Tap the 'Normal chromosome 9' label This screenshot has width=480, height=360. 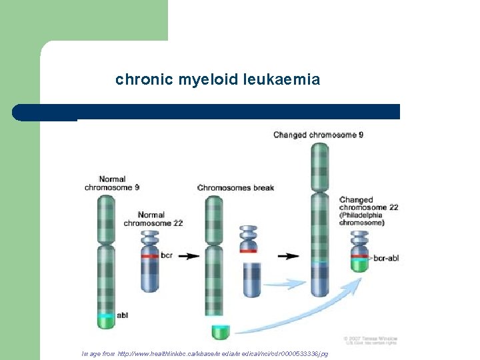click(112, 183)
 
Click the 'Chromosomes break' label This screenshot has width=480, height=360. click(235, 187)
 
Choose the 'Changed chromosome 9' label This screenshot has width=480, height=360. click(318, 135)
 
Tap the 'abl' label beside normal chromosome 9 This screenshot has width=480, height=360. click(123, 315)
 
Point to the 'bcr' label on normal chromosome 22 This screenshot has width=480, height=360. click(167, 255)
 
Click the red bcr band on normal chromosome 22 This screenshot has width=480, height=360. click(149, 256)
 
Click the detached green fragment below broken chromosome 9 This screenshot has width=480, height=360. click(220, 331)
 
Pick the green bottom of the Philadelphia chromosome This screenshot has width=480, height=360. click(360, 265)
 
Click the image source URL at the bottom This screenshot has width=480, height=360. click(205, 353)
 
